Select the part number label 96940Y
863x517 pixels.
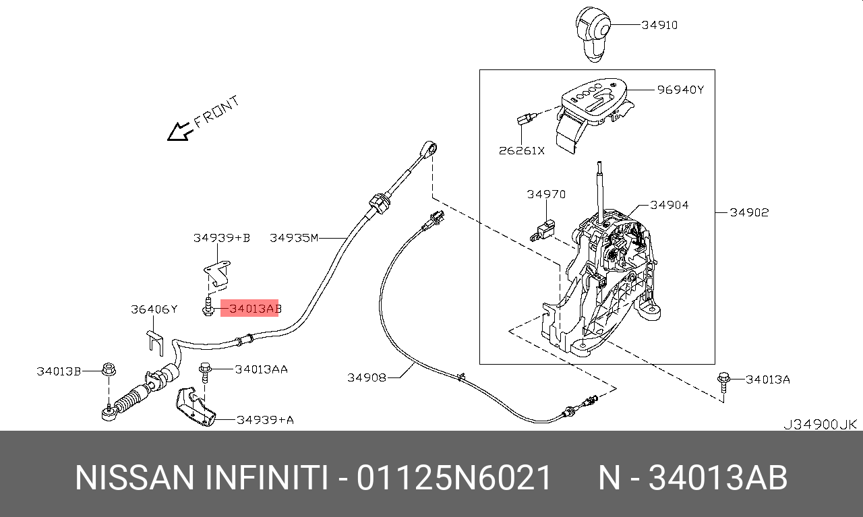click(681, 89)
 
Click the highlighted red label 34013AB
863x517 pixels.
click(250, 309)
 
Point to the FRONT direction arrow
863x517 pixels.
click(180, 131)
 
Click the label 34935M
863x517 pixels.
click(293, 237)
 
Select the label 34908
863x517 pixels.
click(367, 377)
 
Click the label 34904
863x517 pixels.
click(669, 205)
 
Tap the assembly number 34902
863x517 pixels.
click(749, 212)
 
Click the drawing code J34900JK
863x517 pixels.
click(819, 425)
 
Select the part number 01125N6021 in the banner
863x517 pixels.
click(454, 478)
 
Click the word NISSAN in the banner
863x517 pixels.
click(133, 478)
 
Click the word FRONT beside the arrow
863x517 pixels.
click(217, 112)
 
